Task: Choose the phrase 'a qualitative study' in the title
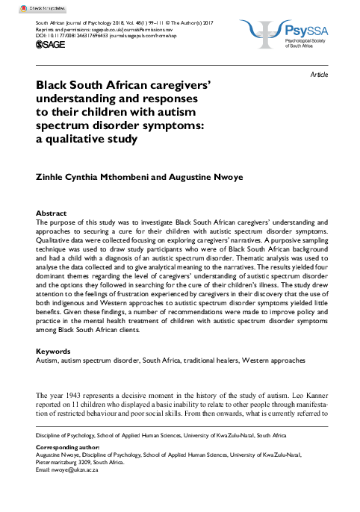tap(87, 139)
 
